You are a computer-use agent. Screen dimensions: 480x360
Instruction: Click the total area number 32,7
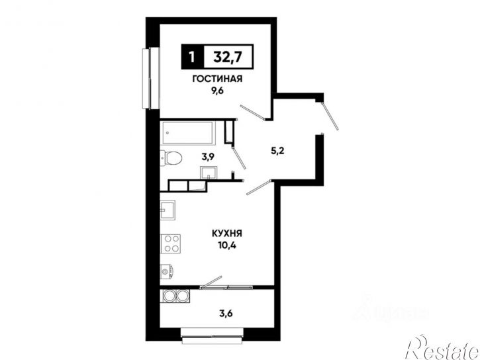tap(228, 57)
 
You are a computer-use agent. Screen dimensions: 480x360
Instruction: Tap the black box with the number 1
tap(192, 57)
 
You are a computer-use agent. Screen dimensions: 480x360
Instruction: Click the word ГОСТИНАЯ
tap(217, 79)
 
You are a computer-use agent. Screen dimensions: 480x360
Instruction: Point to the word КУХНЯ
tap(227, 234)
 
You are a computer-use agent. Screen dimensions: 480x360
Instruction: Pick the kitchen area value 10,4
tap(228, 246)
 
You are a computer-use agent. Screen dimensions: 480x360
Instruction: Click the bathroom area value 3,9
tap(208, 157)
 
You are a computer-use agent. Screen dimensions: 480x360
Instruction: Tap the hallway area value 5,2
tap(278, 150)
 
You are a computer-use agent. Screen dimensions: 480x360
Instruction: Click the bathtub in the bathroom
tap(188, 132)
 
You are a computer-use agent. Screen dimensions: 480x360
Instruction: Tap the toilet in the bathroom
tap(171, 158)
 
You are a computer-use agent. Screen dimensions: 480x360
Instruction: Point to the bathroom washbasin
tap(209, 173)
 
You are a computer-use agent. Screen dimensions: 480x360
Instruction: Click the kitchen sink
tap(168, 210)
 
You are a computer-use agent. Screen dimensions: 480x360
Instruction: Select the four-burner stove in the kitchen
tap(170, 244)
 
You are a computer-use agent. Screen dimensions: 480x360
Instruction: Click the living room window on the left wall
tap(151, 78)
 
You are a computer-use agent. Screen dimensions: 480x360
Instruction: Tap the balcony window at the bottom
tap(213, 336)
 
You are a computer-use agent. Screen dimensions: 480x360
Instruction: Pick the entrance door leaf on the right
tap(330, 116)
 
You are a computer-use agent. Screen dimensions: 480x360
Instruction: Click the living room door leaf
tap(253, 112)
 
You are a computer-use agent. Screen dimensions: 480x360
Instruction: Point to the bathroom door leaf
tap(239, 157)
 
